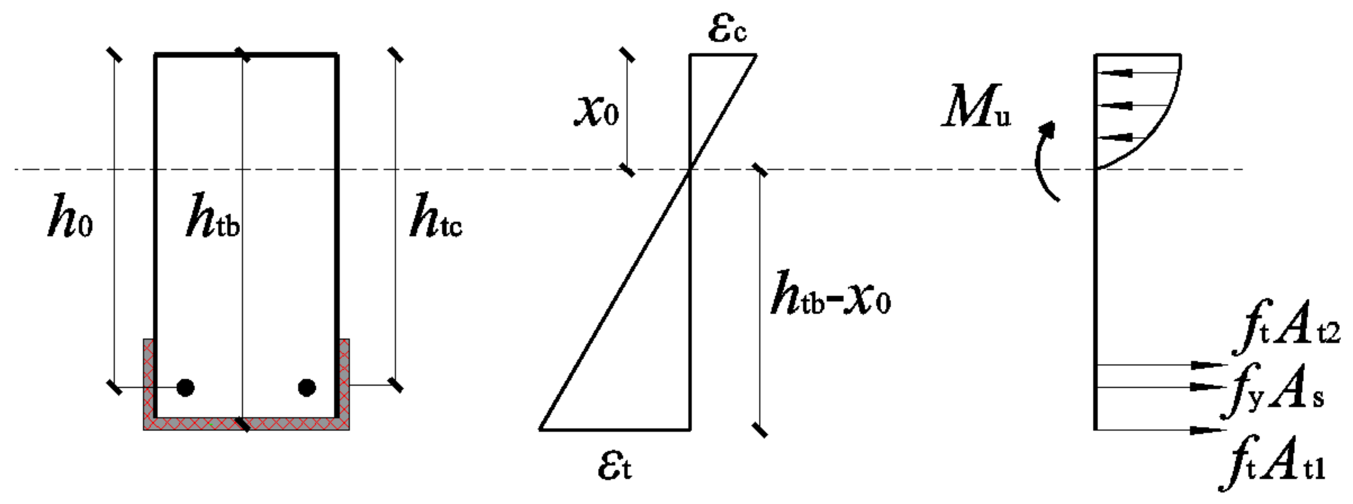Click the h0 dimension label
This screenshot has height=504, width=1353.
tap(70, 216)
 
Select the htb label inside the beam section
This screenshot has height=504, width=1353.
tap(213, 216)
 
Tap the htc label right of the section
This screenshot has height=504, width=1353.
tap(435, 216)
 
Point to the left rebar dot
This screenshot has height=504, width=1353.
tap(185, 388)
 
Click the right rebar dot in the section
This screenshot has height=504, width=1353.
tap(307, 388)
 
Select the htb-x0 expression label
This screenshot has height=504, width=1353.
tap(830, 294)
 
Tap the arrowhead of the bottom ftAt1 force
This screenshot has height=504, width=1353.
tap(1208, 430)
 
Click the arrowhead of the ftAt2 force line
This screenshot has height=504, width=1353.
tap(1208, 364)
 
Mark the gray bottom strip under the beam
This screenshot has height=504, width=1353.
tap(246, 424)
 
